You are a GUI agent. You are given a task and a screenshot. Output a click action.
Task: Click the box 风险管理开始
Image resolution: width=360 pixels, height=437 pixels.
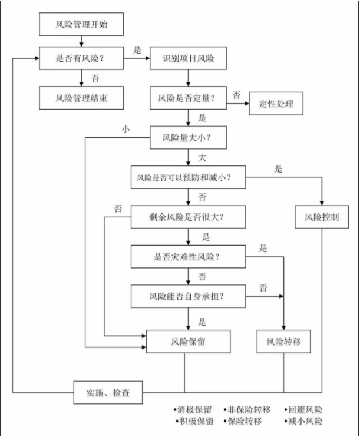(81, 25)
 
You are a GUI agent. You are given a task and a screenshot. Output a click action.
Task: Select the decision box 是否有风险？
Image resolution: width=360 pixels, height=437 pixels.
(81, 59)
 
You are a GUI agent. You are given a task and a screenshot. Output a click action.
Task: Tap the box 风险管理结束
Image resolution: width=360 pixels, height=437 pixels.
(81, 97)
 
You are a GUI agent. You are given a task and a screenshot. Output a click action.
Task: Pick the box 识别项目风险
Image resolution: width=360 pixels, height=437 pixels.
(187, 59)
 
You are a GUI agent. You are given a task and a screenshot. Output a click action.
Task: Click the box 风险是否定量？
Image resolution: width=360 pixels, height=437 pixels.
(187, 98)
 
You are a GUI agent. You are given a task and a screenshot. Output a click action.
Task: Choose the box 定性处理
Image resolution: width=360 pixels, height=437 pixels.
(276, 104)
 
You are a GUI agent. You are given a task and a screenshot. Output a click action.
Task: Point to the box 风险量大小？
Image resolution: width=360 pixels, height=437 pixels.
(187, 138)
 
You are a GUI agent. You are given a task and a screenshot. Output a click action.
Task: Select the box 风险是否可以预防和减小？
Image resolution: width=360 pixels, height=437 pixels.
(187, 177)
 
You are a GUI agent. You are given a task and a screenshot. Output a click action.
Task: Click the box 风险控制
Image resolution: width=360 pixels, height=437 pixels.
(322, 217)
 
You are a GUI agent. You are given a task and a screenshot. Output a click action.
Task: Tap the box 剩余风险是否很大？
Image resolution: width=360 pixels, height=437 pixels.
(187, 217)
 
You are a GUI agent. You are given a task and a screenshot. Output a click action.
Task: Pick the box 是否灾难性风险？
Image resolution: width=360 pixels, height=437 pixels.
(187, 257)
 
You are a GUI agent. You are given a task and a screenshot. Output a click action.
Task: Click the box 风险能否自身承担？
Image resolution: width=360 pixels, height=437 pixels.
(187, 296)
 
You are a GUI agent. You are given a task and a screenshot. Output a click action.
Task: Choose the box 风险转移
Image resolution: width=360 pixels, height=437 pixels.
(283, 341)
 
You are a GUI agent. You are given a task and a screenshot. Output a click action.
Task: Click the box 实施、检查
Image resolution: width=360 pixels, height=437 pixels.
(108, 392)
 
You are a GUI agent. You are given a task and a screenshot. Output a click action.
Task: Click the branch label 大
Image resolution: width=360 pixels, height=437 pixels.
(202, 158)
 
